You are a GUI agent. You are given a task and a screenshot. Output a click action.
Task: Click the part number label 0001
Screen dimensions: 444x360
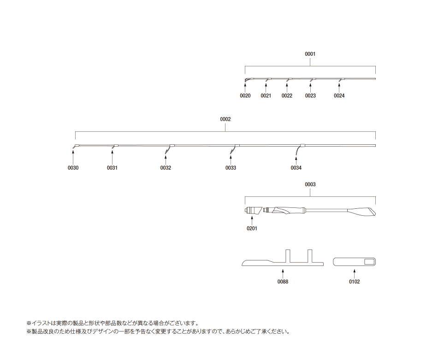click(310, 54)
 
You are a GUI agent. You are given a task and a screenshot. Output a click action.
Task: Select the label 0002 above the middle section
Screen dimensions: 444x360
click(225, 119)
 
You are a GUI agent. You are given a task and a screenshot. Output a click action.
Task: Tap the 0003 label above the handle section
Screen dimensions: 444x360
click(310, 184)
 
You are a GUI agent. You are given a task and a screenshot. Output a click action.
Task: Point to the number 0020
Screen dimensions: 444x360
click(245, 96)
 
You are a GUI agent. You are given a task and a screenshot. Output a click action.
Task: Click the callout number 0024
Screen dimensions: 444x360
click(339, 96)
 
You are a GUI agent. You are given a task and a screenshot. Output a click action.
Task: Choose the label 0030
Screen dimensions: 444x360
click(73, 168)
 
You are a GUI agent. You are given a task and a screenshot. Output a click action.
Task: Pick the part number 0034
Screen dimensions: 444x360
click(296, 168)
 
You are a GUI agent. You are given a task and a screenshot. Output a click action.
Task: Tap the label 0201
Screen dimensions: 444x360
click(252, 228)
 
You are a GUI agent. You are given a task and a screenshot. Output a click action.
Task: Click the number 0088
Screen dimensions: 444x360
click(283, 282)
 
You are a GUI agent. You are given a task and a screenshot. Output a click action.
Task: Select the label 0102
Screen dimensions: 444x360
click(354, 282)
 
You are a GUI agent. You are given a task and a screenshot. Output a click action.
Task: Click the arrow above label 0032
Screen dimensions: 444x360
click(166, 159)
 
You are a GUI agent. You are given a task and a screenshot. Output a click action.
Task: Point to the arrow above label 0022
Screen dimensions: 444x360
click(287, 88)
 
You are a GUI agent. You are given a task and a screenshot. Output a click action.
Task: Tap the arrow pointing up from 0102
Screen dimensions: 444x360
click(354, 274)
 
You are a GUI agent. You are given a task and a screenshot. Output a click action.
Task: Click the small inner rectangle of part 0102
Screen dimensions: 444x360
click(369, 262)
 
